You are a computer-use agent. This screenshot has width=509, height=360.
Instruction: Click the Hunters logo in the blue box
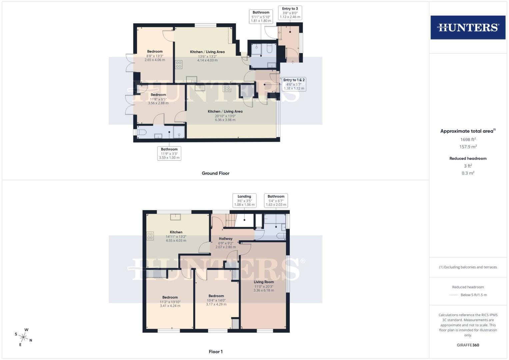tap(468, 27)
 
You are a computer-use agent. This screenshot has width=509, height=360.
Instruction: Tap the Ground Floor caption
tap(215, 173)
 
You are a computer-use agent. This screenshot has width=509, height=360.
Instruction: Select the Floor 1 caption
tap(216, 352)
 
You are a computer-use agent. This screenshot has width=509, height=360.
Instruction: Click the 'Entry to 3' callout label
tap(290, 13)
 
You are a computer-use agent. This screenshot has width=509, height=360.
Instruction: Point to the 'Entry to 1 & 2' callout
tap(294, 84)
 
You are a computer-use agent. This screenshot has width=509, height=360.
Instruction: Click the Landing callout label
tap(244, 200)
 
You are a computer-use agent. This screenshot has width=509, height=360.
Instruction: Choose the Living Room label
tap(264, 282)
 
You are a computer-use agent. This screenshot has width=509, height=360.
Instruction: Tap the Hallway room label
tap(226, 239)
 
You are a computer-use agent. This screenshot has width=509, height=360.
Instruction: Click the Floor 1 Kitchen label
tap(176, 232)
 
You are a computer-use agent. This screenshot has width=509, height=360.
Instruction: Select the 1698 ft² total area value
tap(468, 139)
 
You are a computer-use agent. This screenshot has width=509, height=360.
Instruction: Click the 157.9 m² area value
tap(468, 147)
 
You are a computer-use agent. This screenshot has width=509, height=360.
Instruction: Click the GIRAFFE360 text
tap(468, 345)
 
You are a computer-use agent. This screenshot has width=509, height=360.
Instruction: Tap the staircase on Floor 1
tap(230, 220)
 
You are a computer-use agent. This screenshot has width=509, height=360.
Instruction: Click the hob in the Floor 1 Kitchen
tap(150, 236)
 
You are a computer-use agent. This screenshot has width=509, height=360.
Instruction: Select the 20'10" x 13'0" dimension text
tap(225, 116)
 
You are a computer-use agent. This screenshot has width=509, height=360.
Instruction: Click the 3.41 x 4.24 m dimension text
tap(170, 306)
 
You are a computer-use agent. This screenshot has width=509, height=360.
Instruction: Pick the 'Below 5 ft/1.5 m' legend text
tap(474, 295)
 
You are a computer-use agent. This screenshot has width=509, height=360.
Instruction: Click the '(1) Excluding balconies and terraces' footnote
tap(468, 267)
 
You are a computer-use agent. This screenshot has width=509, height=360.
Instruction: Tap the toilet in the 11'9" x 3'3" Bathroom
tap(141, 132)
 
